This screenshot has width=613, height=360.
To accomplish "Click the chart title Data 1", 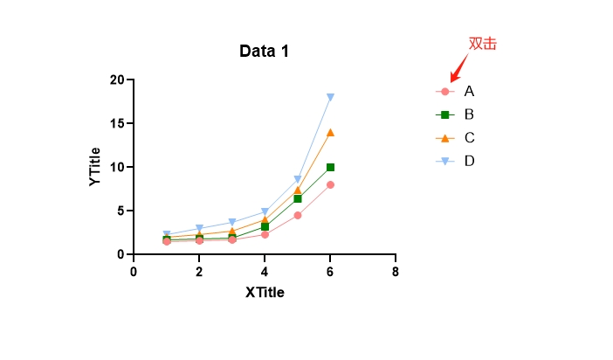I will [x=264, y=52].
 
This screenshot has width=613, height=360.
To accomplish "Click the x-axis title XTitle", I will [x=265, y=293].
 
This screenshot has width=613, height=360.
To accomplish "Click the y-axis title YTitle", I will [x=95, y=166].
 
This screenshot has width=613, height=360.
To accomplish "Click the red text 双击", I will [x=482, y=44].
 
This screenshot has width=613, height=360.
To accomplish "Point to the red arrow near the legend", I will [x=458, y=68].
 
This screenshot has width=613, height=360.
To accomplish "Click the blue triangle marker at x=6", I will [x=330, y=97].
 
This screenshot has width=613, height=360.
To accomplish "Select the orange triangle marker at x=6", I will [x=330, y=133].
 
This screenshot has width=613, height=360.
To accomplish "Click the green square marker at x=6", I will [x=330, y=167].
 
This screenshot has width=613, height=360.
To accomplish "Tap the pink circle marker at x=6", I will [x=330, y=184].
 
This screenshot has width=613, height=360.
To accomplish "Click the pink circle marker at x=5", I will [x=298, y=215].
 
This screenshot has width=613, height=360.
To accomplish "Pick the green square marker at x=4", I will [x=265, y=226].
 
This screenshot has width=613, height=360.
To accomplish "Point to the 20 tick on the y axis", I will [x=117, y=80].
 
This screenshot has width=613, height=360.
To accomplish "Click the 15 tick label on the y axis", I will [x=117, y=123].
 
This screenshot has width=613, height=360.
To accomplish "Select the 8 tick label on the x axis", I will [x=396, y=271].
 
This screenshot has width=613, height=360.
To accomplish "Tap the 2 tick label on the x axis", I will [x=199, y=271].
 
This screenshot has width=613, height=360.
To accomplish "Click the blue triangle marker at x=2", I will [x=199, y=229].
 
